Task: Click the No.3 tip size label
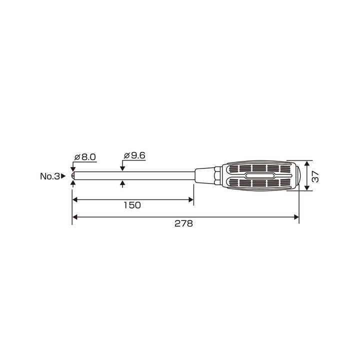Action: [50, 176]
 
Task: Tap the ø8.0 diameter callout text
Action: [85, 157]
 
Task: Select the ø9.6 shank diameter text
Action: [134, 155]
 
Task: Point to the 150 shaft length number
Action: [132, 205]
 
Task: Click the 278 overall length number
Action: [183, 223]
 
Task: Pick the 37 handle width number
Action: [315, 176]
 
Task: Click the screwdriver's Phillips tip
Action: [73, 176]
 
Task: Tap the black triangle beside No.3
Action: [63, 176]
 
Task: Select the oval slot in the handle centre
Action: [259, 176]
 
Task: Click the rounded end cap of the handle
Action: [298, 176]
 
